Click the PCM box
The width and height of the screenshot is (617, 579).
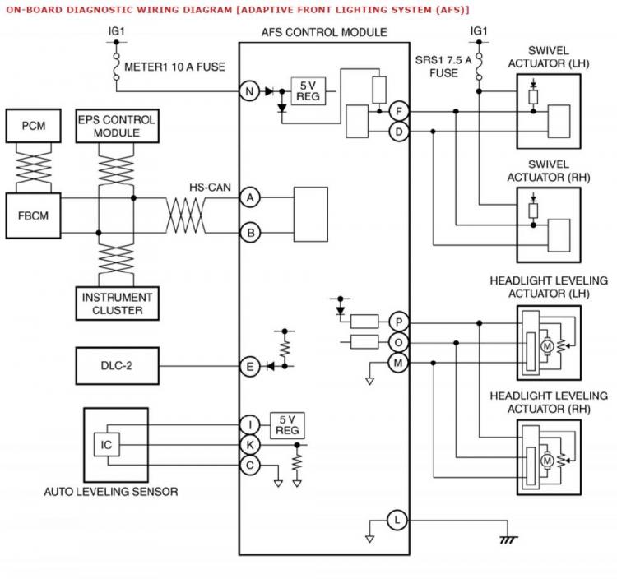coord(34,126)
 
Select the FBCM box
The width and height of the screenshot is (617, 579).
coord(34,215)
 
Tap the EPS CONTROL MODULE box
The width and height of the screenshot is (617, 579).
coord(118,126)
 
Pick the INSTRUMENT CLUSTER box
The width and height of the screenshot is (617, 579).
coord(118,303)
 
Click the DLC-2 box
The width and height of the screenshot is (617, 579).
coord(118,366)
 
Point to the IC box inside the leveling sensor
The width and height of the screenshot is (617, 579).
coord(107,445)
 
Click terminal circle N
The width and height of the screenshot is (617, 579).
coord(249,91)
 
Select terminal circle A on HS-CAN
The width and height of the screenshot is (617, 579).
coord(250,197)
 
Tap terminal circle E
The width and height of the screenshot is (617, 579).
coord(249,367)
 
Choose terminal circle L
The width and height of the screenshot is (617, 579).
coord(397,521)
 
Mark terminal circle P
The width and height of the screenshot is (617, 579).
coord(398,322)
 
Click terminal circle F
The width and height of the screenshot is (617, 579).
coord(399,111)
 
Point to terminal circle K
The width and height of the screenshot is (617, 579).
coord(250,445)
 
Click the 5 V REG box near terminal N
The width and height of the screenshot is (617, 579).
coord(308,91)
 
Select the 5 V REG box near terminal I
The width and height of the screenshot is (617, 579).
coord(287,425)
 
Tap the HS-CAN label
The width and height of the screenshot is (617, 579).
coord(210,188)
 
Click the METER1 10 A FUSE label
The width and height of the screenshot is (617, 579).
coord(174,67)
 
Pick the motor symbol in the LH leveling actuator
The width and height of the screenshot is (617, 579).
coord(547,346)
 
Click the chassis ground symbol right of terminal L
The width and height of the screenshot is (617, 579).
coord(508,540)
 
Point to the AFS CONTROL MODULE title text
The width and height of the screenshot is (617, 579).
coord(324,32)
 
